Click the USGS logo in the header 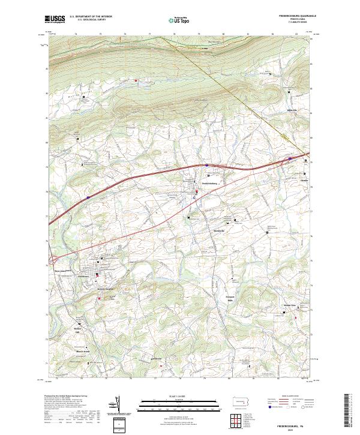tap(55, 19)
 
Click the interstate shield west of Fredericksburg tap(88, 196)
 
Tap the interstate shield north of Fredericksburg tap(206, 163)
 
